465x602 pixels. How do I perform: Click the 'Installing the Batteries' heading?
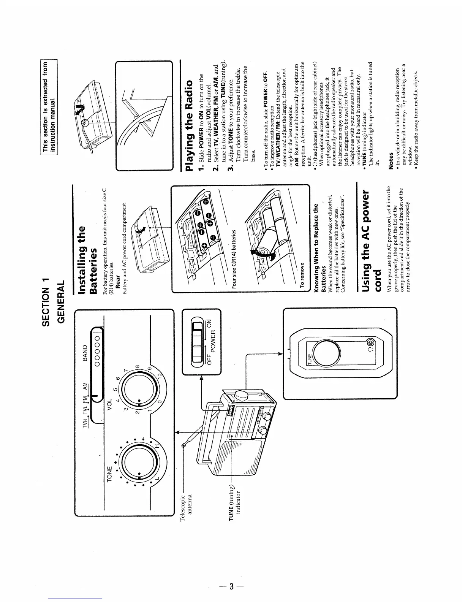pos(88,260)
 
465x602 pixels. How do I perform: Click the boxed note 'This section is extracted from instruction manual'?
pos(51,107)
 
